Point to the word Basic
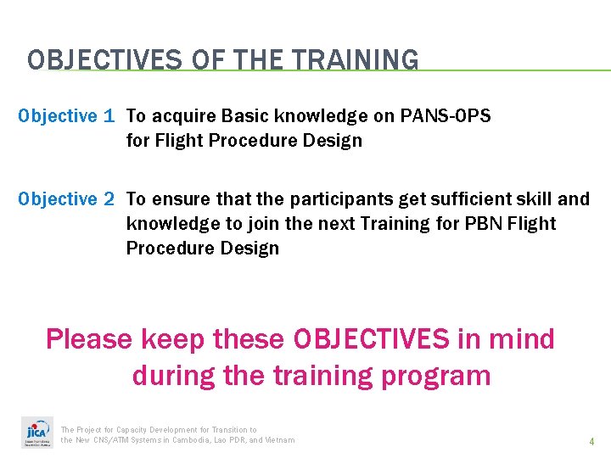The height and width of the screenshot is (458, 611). tap(246, 116)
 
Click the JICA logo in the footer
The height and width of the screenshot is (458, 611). tap(36, 433)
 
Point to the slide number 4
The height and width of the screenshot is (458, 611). tap(591, 441)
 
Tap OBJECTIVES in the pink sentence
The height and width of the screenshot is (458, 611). tap(371, 339)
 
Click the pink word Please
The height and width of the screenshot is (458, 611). tap(89, 339)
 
